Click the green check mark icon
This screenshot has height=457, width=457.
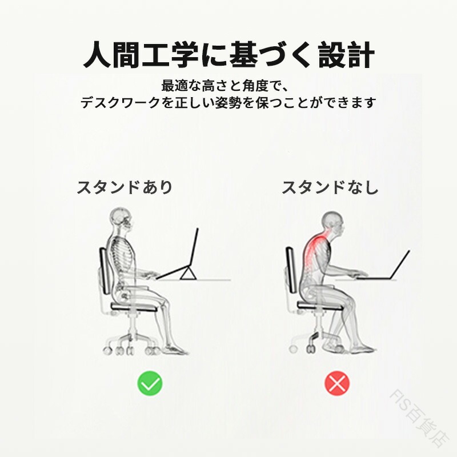(150, 383)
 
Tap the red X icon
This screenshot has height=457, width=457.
(337, 383)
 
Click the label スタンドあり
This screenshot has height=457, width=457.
(125, 187)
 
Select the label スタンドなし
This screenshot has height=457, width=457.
(330, 187)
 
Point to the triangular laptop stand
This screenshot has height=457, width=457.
(187, 274)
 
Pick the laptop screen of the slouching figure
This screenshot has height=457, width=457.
(400, 264)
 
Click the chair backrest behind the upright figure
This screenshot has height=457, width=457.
(104, 270)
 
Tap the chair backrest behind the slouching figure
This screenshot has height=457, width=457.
(291, 270)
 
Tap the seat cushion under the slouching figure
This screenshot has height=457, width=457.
(319, 305)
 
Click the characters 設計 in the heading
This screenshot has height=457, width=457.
(347, 55)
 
